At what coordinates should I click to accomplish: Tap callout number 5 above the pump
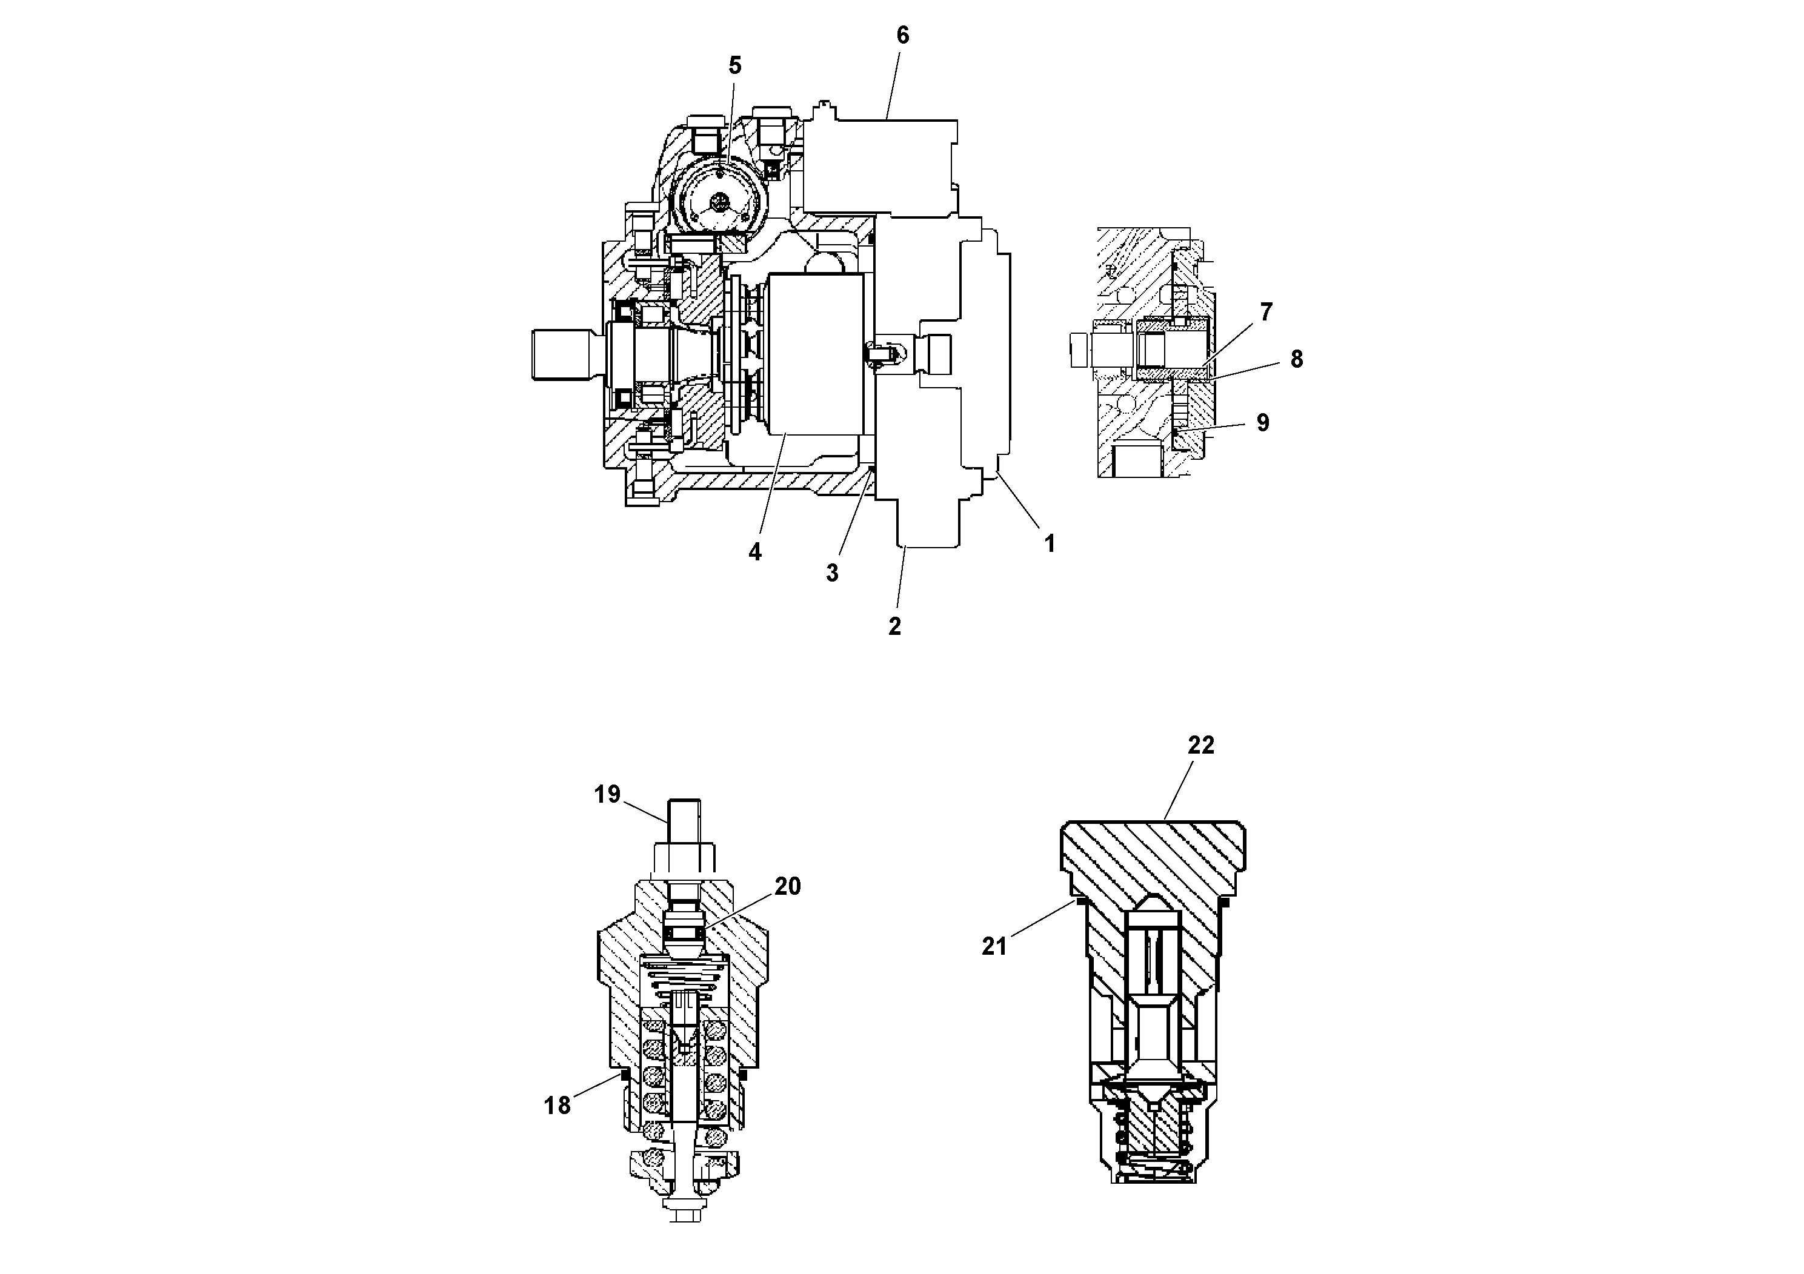point(734,65)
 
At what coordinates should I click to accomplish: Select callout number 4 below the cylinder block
point(754,552)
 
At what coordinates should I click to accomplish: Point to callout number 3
point(832,573)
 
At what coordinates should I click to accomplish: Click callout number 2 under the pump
point(894,627)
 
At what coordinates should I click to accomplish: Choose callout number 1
point(1049,543)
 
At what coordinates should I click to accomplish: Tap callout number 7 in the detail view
point(1266,312)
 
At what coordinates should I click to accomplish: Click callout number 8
point(1296,359)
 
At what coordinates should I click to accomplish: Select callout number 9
point(1263,423)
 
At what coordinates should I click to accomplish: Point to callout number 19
point(607,794)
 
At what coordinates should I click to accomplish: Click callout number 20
point(787,886)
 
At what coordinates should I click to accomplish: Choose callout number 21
point(994,946)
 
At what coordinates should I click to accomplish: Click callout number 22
point(1200,745)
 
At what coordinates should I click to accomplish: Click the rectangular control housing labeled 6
point(880,165)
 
